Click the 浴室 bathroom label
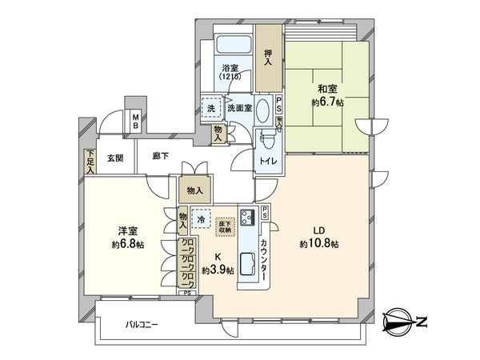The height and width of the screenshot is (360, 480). [231, 68]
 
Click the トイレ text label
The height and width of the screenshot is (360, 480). [266, 160]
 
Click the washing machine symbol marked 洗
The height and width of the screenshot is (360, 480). [212, 108]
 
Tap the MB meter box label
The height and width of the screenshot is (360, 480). [136, 122]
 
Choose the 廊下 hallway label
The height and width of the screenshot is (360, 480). [159, 158]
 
